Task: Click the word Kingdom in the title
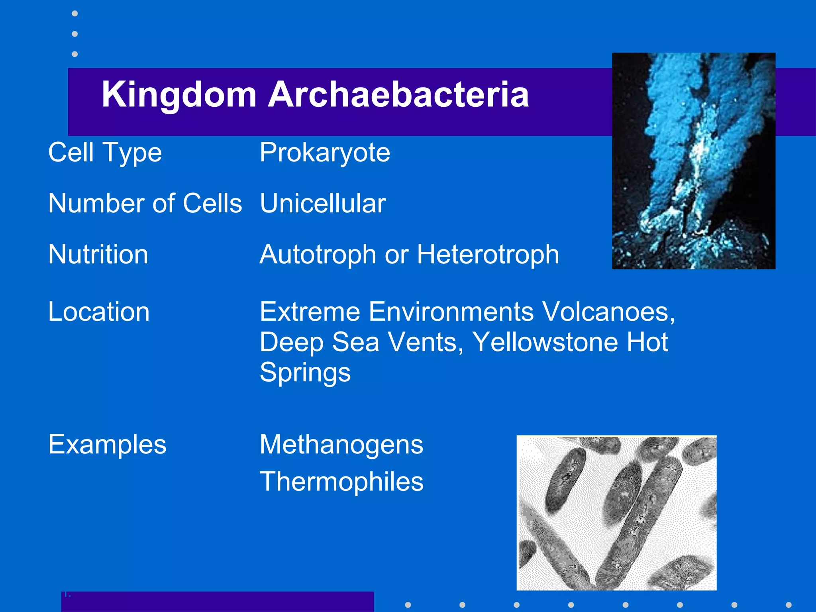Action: click(179, 95)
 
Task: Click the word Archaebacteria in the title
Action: click(398, 95)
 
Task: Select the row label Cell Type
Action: click(105, 153)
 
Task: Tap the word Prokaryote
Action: click(325, 153)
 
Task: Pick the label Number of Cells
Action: click(145, 203)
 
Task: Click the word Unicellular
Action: click(323, 203)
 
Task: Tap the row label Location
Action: click(99, 312)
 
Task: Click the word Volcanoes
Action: click(608, 312)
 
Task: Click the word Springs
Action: click(305, 372)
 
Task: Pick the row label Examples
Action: click(107, 444)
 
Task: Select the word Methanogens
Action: click(341, 444)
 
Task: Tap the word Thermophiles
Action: click(341, 481)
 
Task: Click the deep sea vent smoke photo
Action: click(693, 161)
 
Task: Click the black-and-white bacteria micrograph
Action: click(616, 513)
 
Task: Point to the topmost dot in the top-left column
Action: click(75, 14)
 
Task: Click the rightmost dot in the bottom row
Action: click(788, 605)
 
